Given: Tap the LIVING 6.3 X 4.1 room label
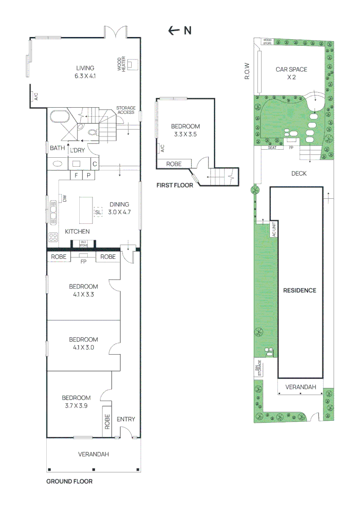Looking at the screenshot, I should (85, 72).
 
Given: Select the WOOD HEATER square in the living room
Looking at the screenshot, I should (133, 65).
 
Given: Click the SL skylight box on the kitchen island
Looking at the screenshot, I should (98, 212).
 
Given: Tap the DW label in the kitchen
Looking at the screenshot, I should (64, 199).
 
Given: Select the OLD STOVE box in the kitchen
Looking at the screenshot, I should (84, 244).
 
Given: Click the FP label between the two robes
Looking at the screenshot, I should (83, 261).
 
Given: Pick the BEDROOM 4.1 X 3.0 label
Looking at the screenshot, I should (83, 343).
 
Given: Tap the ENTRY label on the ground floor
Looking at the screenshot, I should (126, 419).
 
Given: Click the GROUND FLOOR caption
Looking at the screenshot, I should (69, 482).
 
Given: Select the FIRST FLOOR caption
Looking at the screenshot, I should (175, 186).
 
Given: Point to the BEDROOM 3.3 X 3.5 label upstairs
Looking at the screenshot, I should (185, 130).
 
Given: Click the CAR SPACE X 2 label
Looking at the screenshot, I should (291, 73).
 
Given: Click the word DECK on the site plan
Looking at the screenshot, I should (299, 173).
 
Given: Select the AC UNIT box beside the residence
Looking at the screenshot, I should (274, 229).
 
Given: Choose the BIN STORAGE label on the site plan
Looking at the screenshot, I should (259, 368).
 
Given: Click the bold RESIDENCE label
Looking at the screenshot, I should (299, 290).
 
